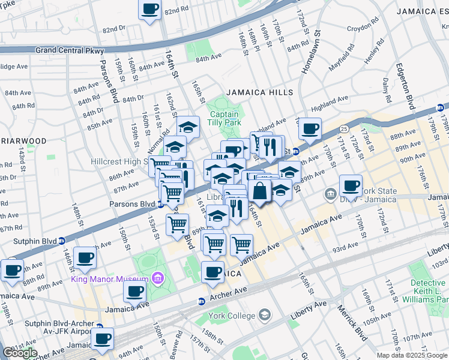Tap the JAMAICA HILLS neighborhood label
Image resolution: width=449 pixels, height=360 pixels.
click(259, 92)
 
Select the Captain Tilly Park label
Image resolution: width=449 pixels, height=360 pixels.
click(224, 118)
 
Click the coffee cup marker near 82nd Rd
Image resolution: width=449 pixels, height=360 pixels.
click(150, 9)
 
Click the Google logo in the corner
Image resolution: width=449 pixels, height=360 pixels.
click(19, 353)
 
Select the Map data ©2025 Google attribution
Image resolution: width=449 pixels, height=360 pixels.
click(412, 355)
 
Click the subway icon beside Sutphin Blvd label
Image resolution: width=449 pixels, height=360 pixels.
click(62, 241)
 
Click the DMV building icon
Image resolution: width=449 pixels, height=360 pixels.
click(330, 194)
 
